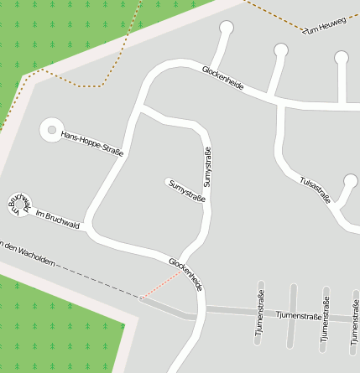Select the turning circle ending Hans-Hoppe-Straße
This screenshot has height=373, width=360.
click(52, 130)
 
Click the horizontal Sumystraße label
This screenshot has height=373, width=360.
click(186, 189)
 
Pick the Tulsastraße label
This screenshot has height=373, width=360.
click(316, 189)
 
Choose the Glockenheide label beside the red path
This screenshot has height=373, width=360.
click(185, 274)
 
